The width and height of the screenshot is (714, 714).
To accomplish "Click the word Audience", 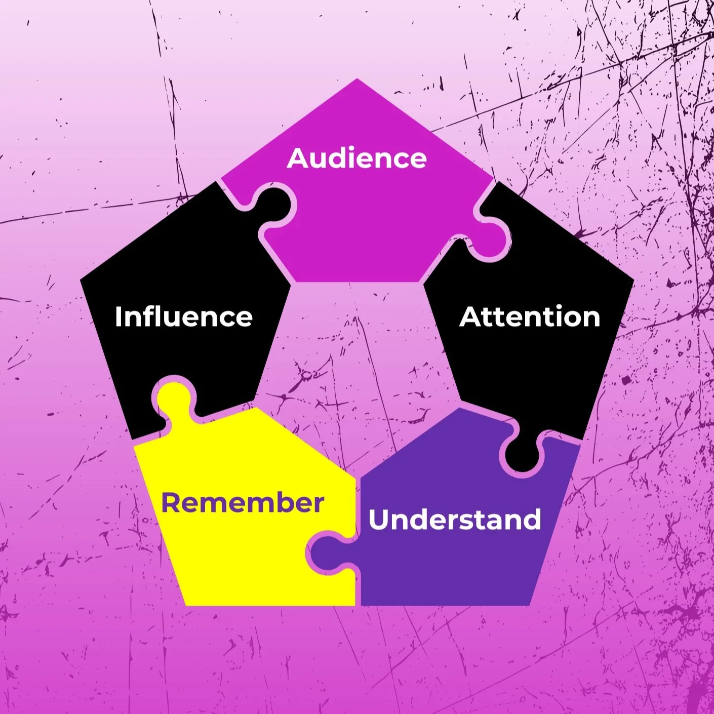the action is point(356,158).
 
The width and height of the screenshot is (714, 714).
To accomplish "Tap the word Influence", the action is point(184,317).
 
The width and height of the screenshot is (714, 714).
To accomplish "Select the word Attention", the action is point(530,317).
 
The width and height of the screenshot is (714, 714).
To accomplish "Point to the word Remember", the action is point(243,503).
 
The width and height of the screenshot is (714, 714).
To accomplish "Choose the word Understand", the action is point(455,520).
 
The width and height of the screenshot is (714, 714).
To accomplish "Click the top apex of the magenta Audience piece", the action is point(357,78).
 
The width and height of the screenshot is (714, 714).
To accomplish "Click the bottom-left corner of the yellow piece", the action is point(186,606).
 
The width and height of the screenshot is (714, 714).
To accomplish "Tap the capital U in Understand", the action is point(379,520).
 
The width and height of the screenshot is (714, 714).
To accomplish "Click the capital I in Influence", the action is point(118,317).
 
